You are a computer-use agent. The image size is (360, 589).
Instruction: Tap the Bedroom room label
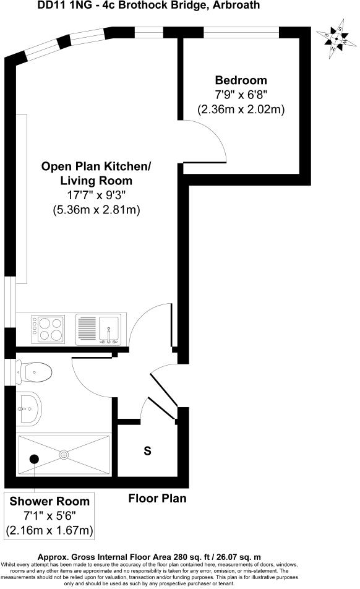tap(241, 80)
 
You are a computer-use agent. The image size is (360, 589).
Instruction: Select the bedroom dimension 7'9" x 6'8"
tap(241, 95)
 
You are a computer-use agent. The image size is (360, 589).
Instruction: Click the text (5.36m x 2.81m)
tap(96, 210)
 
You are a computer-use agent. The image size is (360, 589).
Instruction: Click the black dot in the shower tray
tap(35, 458)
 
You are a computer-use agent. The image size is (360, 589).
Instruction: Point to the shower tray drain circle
tap(65, 455)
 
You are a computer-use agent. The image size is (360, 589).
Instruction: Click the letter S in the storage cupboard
tap(147, 451)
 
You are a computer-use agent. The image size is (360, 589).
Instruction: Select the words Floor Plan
tap(157, 498)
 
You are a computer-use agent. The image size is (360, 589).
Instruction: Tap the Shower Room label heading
tap(49, 501)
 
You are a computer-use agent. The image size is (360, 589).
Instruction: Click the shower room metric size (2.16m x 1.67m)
tap(49, 530)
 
